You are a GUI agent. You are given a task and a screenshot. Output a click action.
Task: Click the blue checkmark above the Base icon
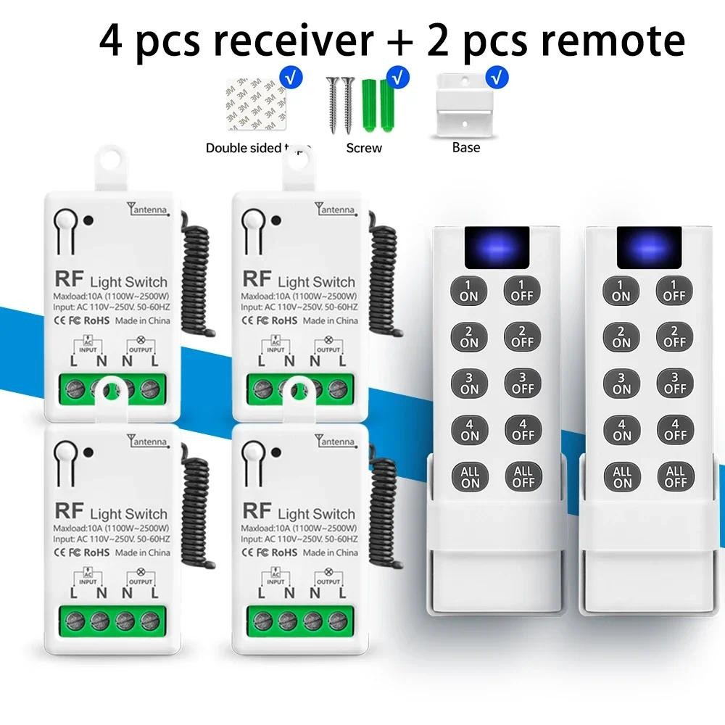tap(497, 75)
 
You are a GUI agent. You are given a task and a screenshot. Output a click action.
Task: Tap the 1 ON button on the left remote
tap(469, 290)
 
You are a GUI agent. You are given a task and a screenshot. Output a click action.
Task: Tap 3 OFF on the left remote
tap(523, 383)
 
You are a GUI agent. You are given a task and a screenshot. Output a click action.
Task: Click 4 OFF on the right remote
tap(675, 429)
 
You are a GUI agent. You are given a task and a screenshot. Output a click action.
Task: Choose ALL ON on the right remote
tap(622, 476)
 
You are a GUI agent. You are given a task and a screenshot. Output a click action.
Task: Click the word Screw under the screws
tap(364, 148)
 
